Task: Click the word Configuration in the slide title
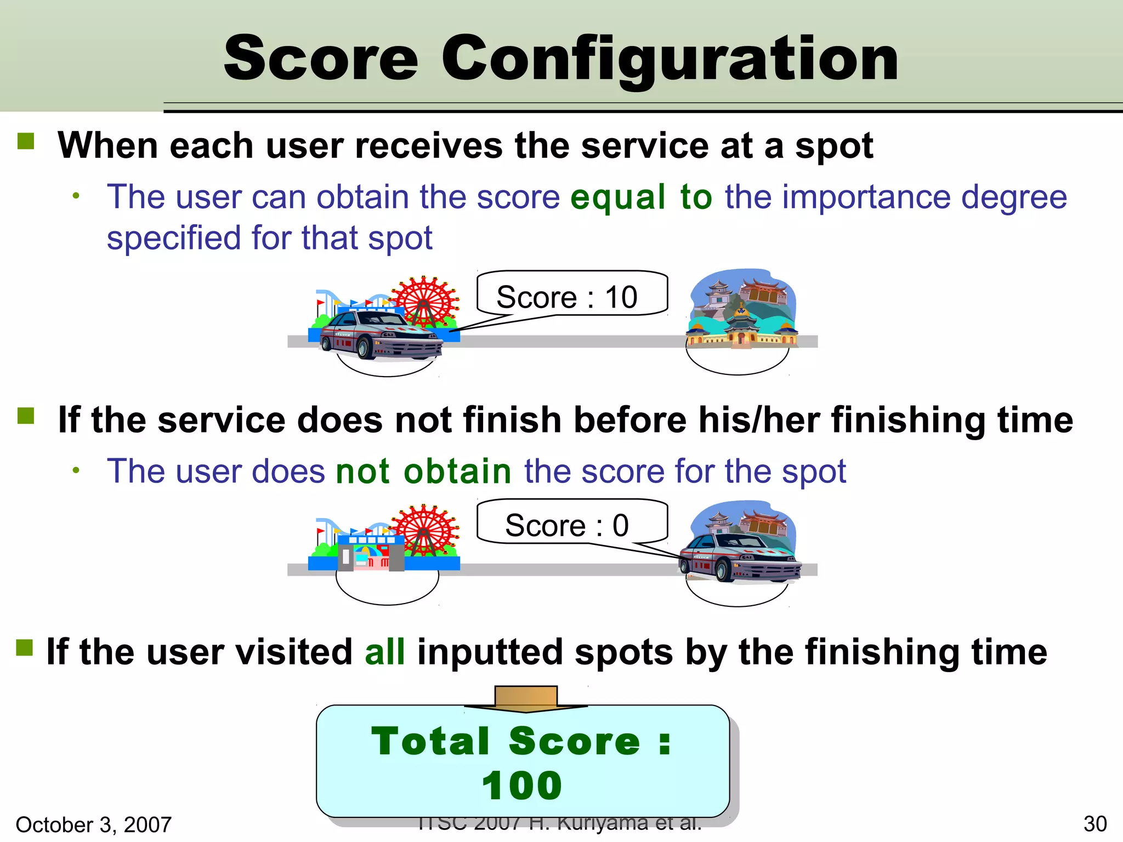point(670,58)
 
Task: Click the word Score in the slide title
point(321,58)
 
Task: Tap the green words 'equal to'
point(641,197)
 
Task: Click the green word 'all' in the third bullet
point(385,652)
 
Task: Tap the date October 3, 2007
point(94,824)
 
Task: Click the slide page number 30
point(1095,824)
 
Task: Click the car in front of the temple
point(740,559)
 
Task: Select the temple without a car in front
point(742,310)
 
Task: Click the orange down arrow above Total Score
point(526,698)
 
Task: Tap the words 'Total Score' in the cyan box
point(506,741)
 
